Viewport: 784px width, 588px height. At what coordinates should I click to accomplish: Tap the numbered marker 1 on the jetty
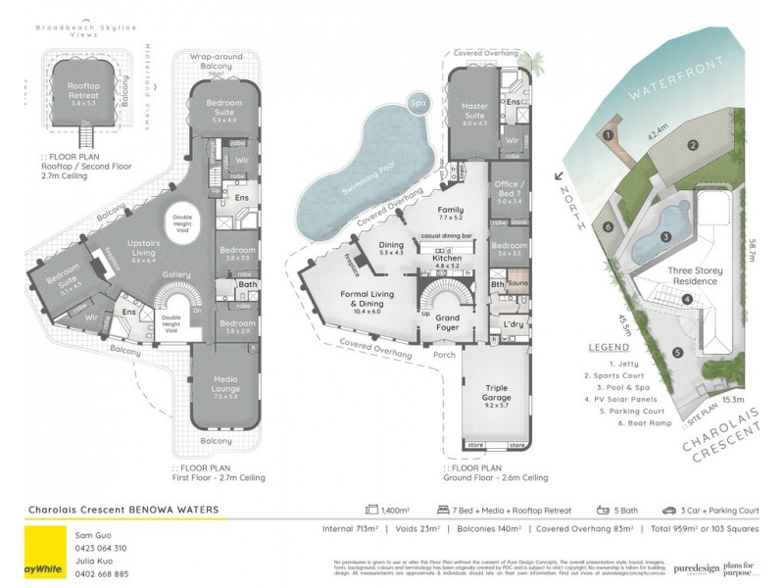click(609, 134)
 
